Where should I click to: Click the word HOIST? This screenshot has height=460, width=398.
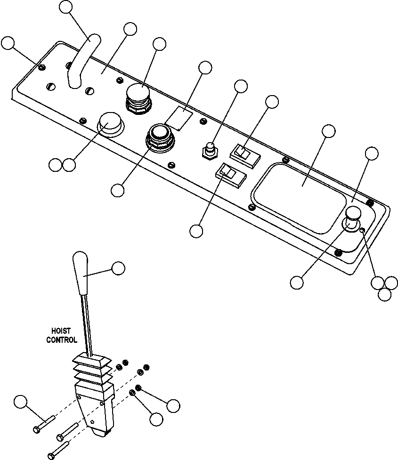[61, 331]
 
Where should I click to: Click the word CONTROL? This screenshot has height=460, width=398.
[61, 340]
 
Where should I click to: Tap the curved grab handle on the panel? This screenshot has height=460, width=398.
[81, 61]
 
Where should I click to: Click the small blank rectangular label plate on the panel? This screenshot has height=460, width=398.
[179, 118]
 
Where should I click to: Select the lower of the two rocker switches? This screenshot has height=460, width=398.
[231, 176]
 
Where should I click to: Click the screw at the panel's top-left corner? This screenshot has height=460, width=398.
[42, 67]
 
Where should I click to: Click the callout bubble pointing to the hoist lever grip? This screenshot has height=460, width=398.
[118, 268]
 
